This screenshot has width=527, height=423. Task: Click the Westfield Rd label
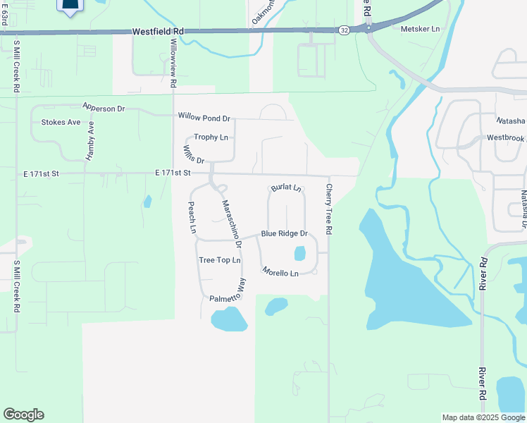click(158, 32)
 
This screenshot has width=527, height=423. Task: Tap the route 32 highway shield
click(343, 30)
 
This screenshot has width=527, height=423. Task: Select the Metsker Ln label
click(420, 29)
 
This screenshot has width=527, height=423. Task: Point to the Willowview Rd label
click(173, 63)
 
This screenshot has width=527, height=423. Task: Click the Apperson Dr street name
click(103, 108)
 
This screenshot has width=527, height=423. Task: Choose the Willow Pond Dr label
click(204, 117)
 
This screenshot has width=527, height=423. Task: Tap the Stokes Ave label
click(61, 122)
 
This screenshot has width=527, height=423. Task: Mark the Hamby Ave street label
click(90, 141)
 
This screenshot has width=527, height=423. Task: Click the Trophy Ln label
click(211, 137)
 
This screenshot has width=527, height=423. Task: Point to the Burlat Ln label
click(286, 189)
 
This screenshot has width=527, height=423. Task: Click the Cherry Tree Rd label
click(328, 209)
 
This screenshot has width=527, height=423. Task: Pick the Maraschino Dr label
click(232, 224)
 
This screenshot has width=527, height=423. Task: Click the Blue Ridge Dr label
click(285, 233)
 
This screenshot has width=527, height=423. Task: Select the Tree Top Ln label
click(220, 260)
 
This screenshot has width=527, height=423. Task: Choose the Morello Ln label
click(280, 271)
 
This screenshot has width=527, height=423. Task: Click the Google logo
click(23, 415)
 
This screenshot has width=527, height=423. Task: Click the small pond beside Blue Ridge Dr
click(299, 252)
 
